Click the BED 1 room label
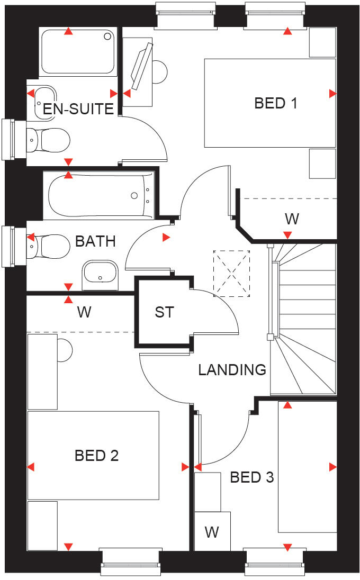(275, 103)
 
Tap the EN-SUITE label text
(78, 109)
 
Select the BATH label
(95, 241)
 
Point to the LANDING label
(232, 369)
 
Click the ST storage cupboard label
(164, 312)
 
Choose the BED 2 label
(96, 455)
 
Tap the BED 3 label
(251, 477)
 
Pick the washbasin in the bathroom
(100, 275)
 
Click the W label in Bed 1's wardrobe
(291, 218)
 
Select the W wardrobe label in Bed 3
(212, 531)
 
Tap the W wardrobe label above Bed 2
(84, 312)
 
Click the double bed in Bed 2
(93, 455)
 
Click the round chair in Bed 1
(159, 70)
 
